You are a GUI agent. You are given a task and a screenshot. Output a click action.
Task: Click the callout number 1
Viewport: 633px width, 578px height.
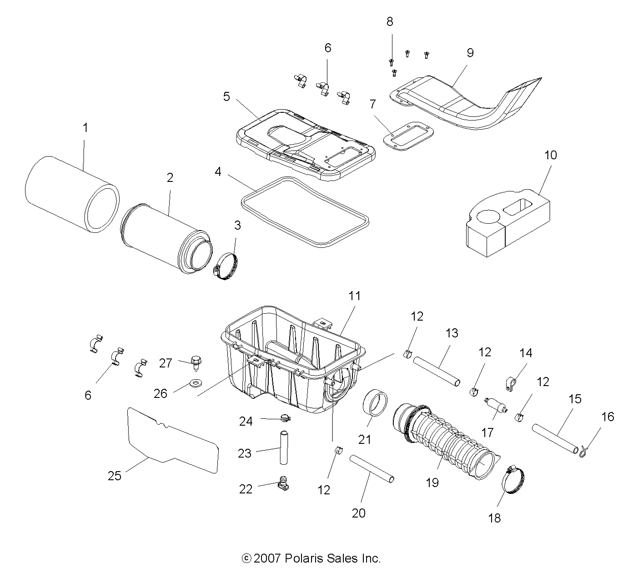click(85, 128)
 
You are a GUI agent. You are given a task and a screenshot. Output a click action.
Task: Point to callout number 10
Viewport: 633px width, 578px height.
click(550, 155)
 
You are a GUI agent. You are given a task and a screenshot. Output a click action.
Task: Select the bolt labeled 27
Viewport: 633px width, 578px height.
click(196, 362)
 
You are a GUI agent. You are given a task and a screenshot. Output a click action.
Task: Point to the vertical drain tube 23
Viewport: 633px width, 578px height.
click(285, 447)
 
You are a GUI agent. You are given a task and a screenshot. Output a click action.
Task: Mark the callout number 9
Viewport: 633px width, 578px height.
click(470, 53)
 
